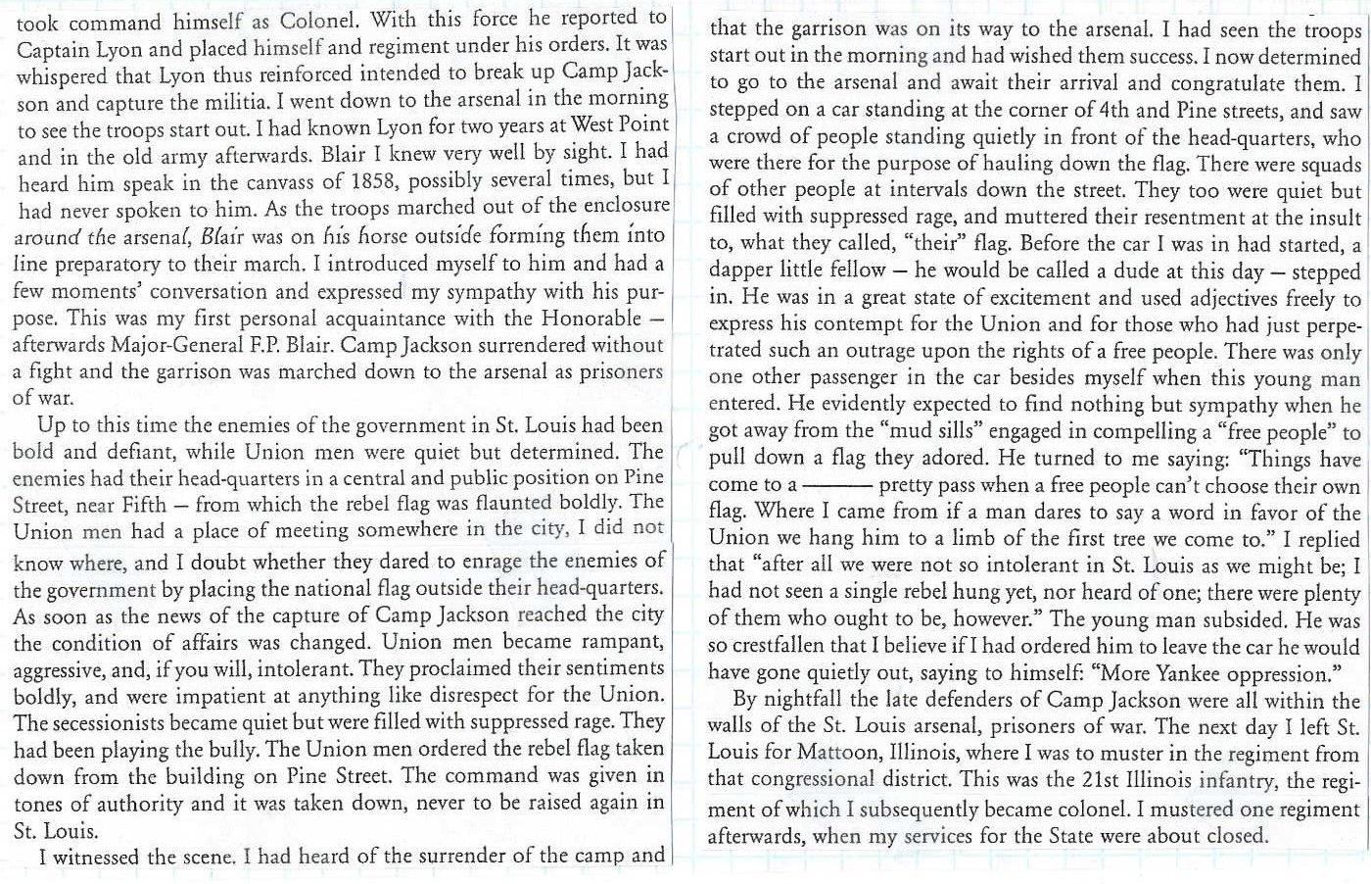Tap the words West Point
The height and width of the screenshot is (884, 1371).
[x=620, y=125]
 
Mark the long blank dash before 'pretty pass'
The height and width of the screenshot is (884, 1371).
[x=842, y=485]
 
